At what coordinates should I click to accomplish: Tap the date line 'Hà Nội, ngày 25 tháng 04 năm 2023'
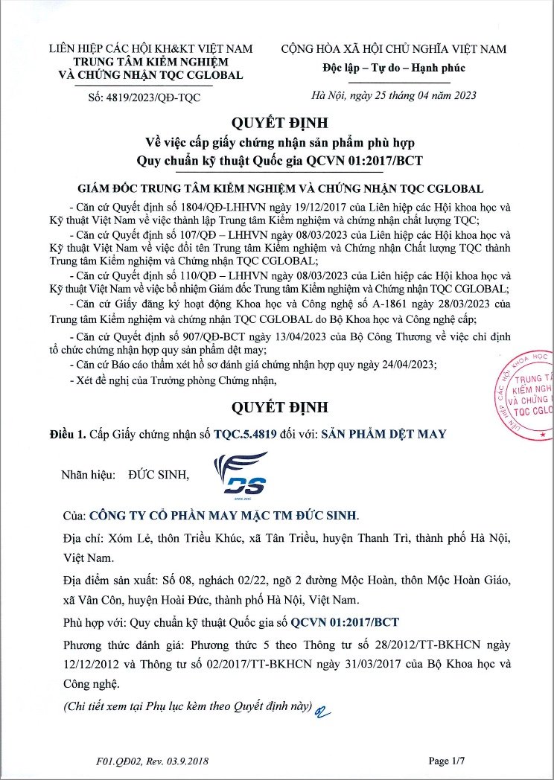[x=394, y=95]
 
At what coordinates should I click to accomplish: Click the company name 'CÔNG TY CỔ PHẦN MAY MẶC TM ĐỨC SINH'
[x=223, y=515]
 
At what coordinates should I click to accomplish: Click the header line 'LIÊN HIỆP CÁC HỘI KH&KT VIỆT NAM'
[x=150, y=49]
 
